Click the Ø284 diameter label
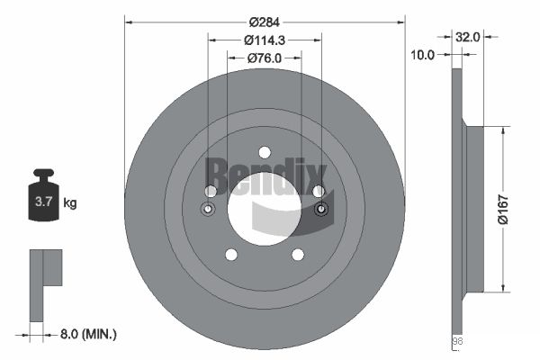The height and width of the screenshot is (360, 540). coord(265,20)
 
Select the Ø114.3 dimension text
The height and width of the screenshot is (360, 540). coord(265,40)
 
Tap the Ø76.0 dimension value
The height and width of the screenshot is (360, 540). coord(265,58)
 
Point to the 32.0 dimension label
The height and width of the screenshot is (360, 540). coord(468,38)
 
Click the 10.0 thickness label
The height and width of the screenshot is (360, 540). coord(423,55)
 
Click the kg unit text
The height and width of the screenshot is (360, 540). coord(69,203)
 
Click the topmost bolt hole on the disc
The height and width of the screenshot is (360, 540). coord(265,152)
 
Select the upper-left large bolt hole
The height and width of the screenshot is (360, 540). coord(211,191)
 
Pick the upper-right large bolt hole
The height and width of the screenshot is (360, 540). coord(318,191)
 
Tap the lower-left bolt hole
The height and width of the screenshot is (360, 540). coord(231,255)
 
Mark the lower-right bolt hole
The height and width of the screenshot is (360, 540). coord(297,255)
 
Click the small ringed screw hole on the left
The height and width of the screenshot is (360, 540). coord(208,211)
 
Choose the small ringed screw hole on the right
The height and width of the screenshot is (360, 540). coord(322,211)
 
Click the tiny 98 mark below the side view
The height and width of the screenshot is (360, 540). coord(455,341)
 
